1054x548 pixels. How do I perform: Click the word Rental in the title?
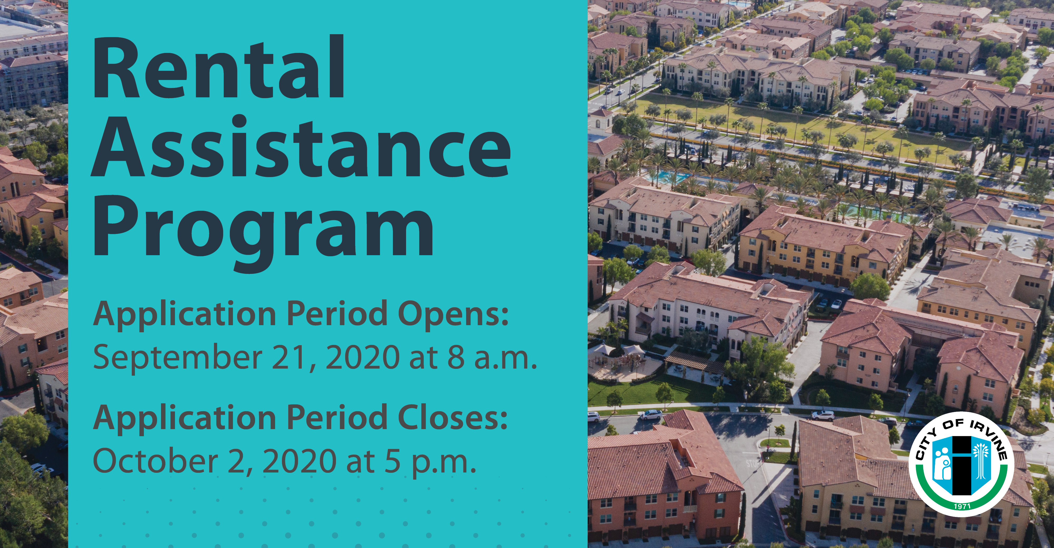pos(219,67)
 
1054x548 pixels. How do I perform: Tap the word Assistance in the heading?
pos(301,147)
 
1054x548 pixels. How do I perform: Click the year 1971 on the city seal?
pos(962,506)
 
